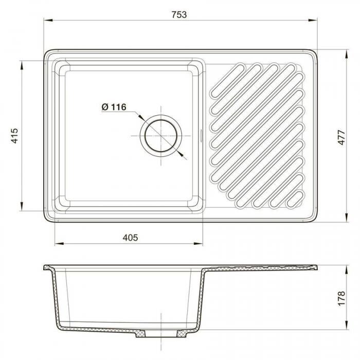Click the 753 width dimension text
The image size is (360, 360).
(179, 15)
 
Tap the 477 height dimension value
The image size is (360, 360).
(341, 137)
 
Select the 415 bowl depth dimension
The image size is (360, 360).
(14, 136)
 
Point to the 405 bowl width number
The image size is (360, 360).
(130, 238)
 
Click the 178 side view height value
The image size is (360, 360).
(341, 298)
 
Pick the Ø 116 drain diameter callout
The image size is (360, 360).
(114, 107)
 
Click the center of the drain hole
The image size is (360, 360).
(161, 136)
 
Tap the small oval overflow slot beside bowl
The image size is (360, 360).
(201, 136)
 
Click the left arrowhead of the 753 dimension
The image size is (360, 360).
(48, 20)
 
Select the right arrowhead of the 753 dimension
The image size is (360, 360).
(313, 20)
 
